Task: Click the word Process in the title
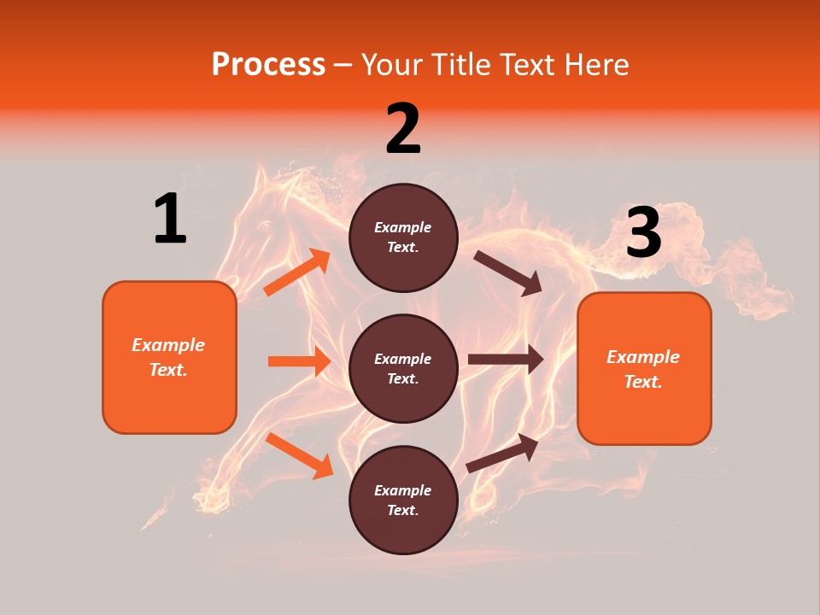[x=268, y=65]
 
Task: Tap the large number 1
[x=170, y=219]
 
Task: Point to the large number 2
[x=403, y=129]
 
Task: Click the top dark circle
[x=403, y=237]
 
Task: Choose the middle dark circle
[x=403, y=368]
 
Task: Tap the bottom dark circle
[x=403, y=500]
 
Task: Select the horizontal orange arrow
[x=299, y=361]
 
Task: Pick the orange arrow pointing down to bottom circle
[x=299, y=455]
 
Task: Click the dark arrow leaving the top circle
[x=508, y=272]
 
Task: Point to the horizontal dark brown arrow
[x=506, y=360]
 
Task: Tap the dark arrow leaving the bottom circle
[x=502, y=453]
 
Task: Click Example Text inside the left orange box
[x=168, y=357]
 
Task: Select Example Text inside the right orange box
[x=643, y=369]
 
